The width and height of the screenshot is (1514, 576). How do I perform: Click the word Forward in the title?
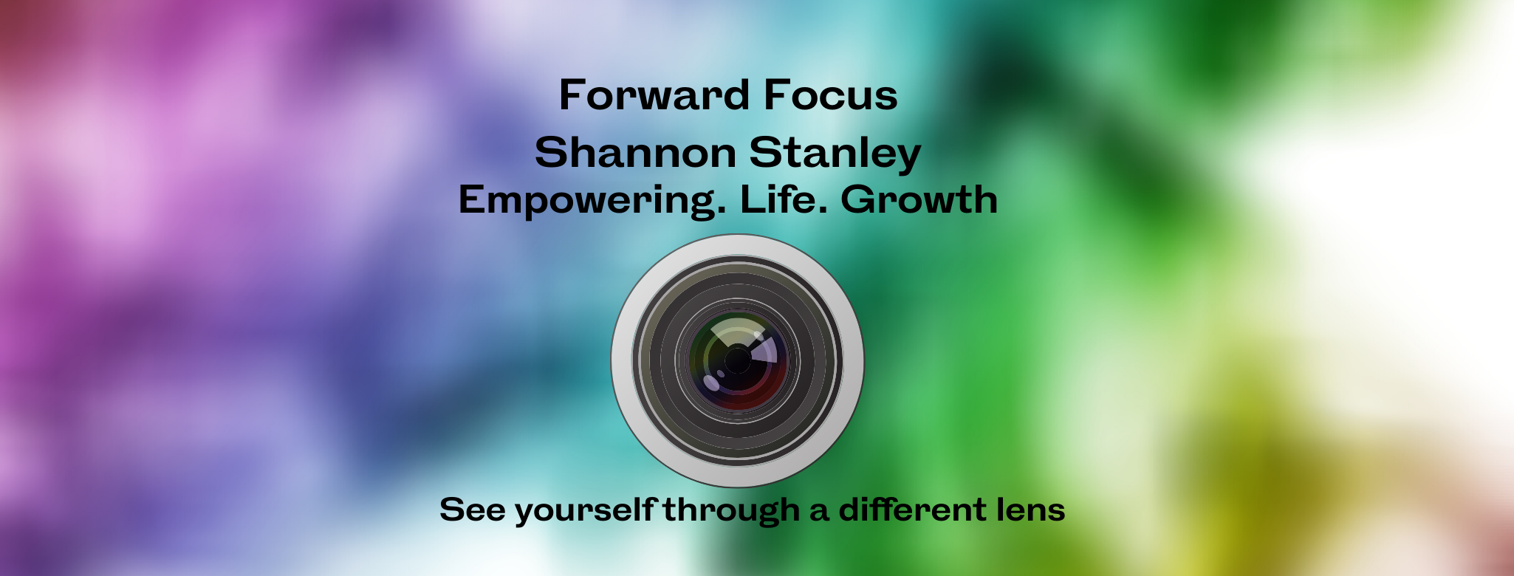click(654, 95)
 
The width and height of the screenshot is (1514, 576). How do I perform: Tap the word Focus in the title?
click(831, 95)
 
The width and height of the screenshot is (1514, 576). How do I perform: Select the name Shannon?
click(636, 152)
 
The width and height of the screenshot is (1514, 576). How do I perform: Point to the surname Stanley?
click(835, 154)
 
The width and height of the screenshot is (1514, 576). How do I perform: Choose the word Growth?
click(919, 199)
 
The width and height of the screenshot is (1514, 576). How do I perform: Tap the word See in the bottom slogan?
click(472, 510)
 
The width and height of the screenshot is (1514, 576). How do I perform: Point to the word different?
click(912, 510)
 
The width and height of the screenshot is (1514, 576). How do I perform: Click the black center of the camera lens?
click(737, 360)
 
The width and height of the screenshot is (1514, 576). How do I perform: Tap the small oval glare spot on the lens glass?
click(712, 383)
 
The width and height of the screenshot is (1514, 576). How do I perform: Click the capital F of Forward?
click(571, 95)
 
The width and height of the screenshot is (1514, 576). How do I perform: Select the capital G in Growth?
click(857, 199)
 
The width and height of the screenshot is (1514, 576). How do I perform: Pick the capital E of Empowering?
click(470, 199)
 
